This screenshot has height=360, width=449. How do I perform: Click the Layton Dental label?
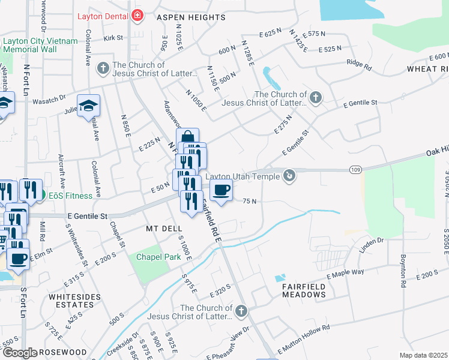click(x=104, y=16)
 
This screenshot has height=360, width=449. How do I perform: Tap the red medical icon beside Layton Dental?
click(x=137, y=15)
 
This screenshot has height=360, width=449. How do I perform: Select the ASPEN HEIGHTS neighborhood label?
click(x=191, y=18)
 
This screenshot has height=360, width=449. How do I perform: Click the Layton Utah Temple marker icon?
click(x=289, y=175)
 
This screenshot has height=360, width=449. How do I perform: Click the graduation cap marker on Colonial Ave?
click(x=89, y=107)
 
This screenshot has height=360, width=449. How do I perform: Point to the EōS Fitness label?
click(x=71, y=195)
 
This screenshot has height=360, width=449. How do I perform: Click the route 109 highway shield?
click(x=356, y=170)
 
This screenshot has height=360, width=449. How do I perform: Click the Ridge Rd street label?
click(x=359, y=62)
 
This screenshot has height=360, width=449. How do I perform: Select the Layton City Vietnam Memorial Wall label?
click(x=40, y=45)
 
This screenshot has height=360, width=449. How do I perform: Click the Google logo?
click(x=19, y=353)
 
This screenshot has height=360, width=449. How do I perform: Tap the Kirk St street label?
click(x=113, y=38)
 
